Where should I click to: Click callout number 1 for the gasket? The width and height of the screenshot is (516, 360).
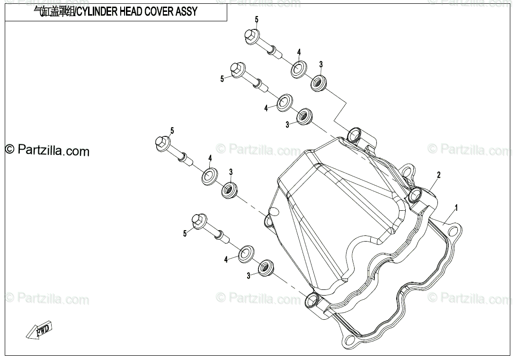456,207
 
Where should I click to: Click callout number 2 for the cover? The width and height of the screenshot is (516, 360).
438,175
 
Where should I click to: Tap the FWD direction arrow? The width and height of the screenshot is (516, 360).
40,330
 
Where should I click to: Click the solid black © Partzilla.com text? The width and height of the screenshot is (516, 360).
47,151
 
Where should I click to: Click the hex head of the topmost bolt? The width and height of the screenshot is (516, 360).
251,36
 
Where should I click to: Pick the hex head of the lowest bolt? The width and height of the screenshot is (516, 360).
198,221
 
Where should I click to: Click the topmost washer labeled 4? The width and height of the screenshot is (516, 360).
298,68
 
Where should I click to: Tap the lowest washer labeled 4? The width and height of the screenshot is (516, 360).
245,254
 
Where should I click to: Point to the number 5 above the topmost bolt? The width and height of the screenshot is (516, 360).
257,19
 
